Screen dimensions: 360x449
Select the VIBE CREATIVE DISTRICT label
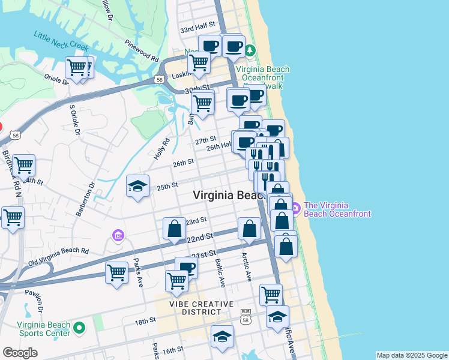(200, 308)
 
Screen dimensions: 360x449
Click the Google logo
(20, 353)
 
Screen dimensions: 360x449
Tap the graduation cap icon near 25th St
(137, 186)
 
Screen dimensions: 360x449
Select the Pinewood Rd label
(142, 51)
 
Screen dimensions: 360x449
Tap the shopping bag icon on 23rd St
(175, 229)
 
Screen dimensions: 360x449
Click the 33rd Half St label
(197, 29)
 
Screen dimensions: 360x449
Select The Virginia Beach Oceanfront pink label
(337, 209)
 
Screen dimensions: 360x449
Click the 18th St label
(145, 322)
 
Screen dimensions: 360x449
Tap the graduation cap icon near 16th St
(221, 337)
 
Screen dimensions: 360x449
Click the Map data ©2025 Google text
(412, 355)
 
